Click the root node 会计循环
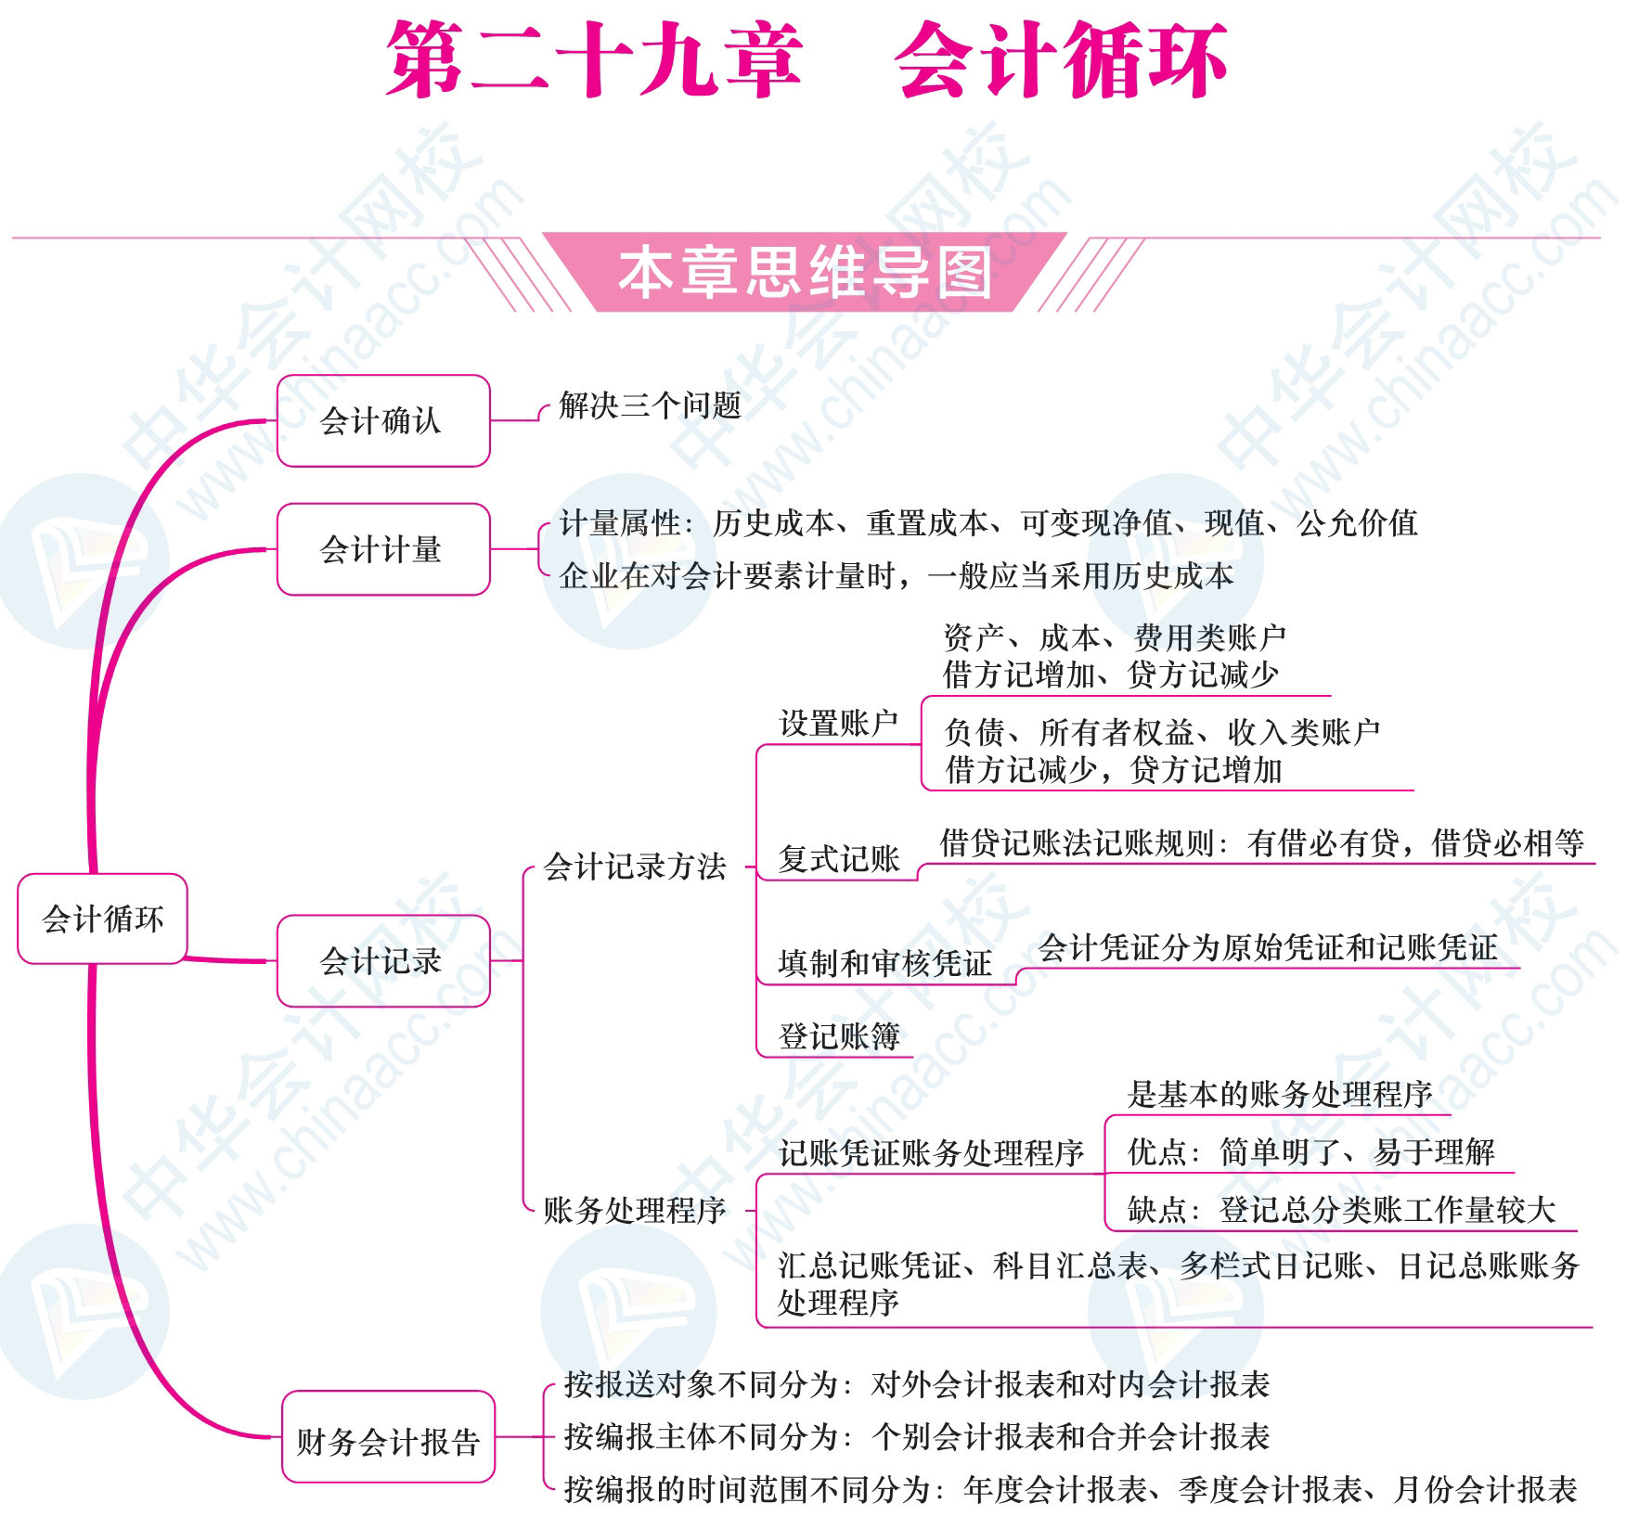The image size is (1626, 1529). [x=103, y=919]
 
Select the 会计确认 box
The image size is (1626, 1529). [x=383, y=420]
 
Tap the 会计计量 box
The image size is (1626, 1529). [x=383, y=549]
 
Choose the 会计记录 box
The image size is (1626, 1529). [x=383, y=961]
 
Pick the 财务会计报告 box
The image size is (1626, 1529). [x=388, y=1436]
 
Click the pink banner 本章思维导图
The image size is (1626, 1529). [x=805, y=272]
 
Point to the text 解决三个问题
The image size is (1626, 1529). [x=650, y=405]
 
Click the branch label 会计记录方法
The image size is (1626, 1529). [x=635, y=867]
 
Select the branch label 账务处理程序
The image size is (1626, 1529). [x=635, y=1210]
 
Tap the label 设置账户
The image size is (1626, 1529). [x=839, y=724]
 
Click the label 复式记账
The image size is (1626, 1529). [x=839, y=858]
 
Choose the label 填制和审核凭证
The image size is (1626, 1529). [x=885, y=963]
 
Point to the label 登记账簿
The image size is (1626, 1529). [x=839, y=1035]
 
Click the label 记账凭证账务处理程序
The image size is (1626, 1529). [x=932, y=1153]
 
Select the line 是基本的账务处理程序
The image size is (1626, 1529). [x=1280, y=1095]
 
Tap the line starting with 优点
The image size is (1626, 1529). [x=1311, y=1152]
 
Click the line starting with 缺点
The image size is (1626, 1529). [x=1341, y=1210]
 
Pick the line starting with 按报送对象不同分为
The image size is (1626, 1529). [x=917, y=1384]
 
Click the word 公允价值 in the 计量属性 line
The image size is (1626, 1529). [x=1358, y=523]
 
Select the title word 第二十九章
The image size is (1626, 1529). [x=594, y=59]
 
